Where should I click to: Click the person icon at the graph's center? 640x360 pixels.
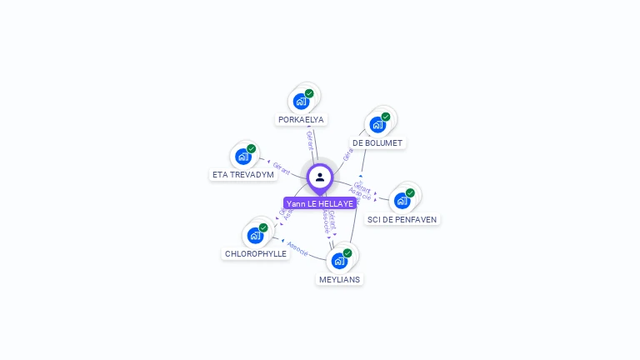(x=320, y=177)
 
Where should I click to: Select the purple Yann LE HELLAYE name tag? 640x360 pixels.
(x=320, y=203)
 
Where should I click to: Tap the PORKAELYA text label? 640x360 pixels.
(x=301, y=120)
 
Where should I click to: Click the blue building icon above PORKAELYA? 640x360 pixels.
(x=301, y=102)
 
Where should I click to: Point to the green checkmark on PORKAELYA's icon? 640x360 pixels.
(x=309, y=93)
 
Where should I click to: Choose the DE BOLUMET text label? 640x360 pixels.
(x=377, y=143)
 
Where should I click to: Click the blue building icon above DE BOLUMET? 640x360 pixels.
(x=377, y=125)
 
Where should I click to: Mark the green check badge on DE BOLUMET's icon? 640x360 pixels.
(x=386, y=117)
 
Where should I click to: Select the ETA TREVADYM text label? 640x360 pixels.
(x=243, y=175)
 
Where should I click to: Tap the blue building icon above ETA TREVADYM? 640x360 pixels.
(x=243, y=157)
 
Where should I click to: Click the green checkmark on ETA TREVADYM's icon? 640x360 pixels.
(x=252, y=148)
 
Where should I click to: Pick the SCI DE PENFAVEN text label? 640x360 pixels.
(x=402, y=219)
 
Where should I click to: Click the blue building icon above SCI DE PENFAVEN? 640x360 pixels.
(x=402, y=201)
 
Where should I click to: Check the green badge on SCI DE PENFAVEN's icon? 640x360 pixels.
(x=410, y=192)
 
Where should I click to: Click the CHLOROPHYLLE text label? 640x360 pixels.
(x=256, y=253)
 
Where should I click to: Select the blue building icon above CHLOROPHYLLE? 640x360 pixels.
(x=255, y=235)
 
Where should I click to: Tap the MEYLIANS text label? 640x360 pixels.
(x=339, y=279)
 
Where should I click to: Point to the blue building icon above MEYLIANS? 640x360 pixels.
(x=339, y=261)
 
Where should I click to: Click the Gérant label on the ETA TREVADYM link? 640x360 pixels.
(x=282, y=168)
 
